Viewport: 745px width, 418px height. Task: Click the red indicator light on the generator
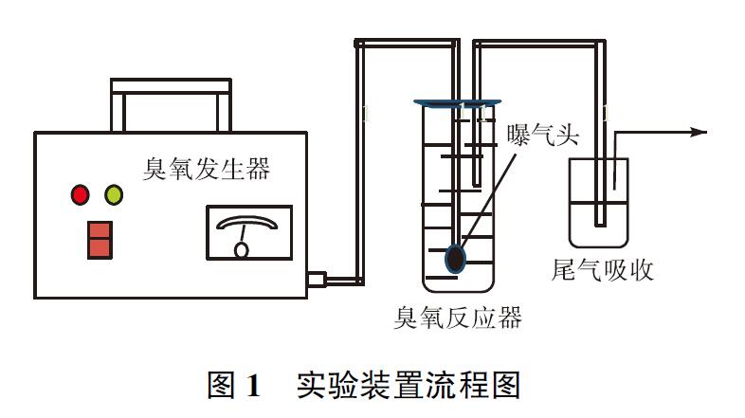(x=80, y=196)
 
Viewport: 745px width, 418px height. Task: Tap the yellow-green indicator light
(x=114, y=196)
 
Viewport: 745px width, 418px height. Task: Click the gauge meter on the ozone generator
(x=248, y=232)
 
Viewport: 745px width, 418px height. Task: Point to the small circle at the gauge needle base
(x=242, y=251)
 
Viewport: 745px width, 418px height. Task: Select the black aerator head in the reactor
(x=456, y=258)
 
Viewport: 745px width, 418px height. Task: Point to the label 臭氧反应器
(x=458, y=317)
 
